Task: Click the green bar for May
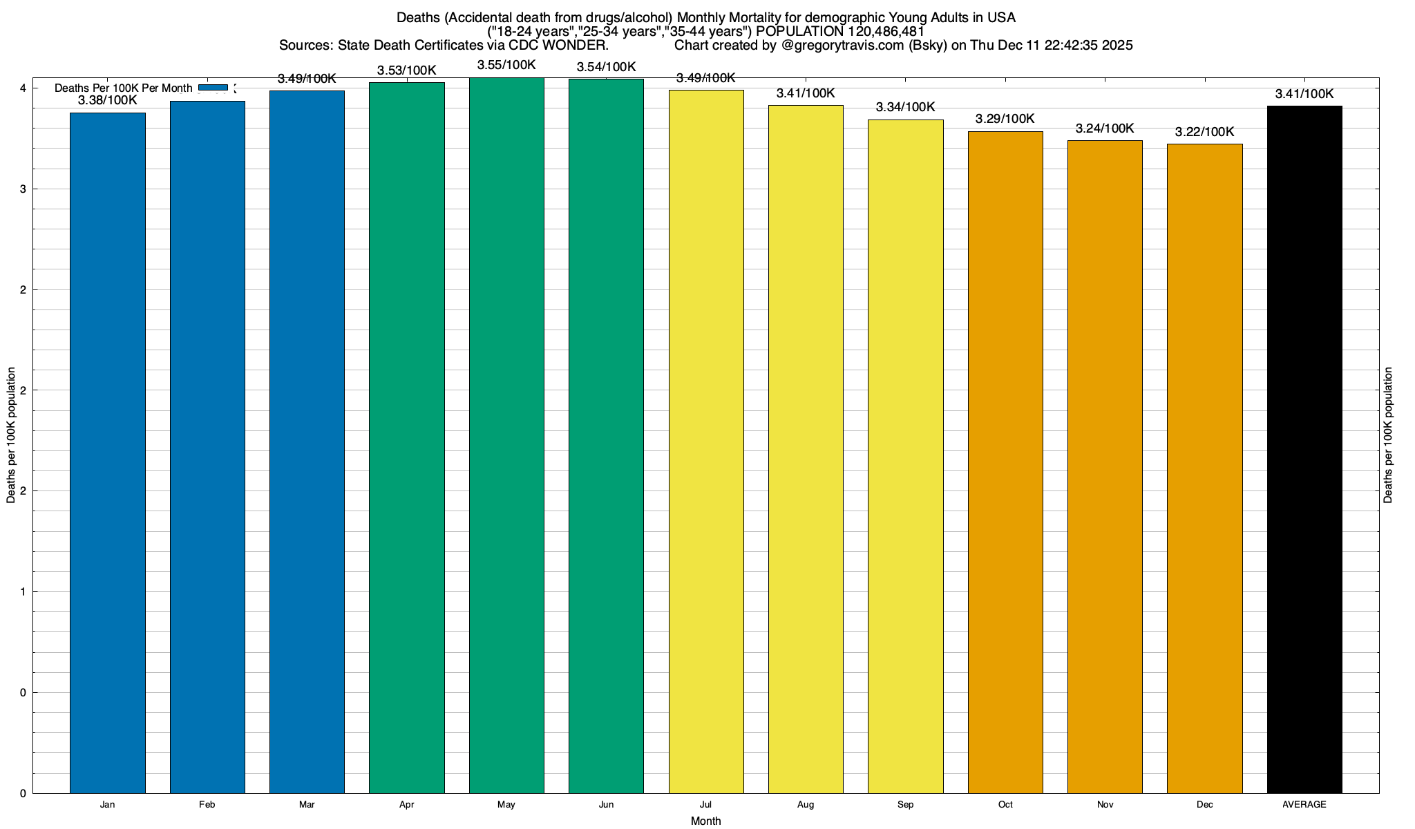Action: [x=506, y=435]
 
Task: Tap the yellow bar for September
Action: [x=905, y=456]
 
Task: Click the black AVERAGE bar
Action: [x=1304, y=449]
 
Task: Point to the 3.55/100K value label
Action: [x=506, y=65]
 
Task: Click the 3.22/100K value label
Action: [x=1204, y=132]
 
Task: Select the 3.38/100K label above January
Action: [x=108, y=100]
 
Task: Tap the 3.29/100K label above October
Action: [x=1005, y=119]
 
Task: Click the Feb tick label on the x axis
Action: [x=207, y=804]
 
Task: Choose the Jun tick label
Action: [x=606, y=804]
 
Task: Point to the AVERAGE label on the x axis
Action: [x=1304, y=804]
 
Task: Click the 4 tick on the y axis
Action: [x=23, y=88]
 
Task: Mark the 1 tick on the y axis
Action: [x=23, y=592]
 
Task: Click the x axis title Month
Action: [x=705, y=821]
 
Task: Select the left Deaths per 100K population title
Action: [x=11, y=435]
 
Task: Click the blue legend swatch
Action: [x=213, y=88]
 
